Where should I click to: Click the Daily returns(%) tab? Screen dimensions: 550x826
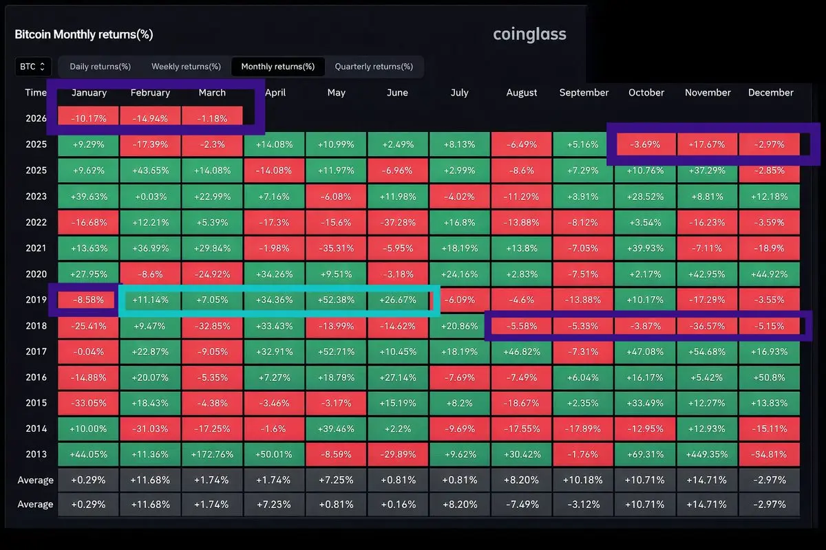click(100, 67)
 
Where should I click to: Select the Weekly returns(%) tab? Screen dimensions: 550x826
click(186, 67)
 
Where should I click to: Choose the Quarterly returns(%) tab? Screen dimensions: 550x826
click(374, 67)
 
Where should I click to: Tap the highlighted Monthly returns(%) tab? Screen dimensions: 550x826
click(277, 67)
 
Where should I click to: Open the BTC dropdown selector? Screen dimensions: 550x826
click(33, 67)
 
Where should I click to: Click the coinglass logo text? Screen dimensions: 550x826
click(529, 34)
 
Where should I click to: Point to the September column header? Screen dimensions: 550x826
click(584, 93)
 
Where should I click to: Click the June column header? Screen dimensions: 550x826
click(397, 93)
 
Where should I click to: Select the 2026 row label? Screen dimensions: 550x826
click(36, 118)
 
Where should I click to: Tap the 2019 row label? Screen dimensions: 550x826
click(36, 300)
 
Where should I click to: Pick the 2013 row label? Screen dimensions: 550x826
click(36, 454)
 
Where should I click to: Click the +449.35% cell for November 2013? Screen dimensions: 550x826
click(708, 454)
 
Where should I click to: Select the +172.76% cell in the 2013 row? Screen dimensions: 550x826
click(212, 454)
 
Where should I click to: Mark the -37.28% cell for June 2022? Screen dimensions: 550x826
click(397, 222)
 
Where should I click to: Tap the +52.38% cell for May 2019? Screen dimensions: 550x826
click(336, 300)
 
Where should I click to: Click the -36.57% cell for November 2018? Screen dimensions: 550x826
click(708, 326)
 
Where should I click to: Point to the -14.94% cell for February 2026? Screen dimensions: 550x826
click(150, 118)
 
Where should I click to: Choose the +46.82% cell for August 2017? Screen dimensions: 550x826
click(522, 351)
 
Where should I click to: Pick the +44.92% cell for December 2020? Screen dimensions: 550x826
click(770, 274)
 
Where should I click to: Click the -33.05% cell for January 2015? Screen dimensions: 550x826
click(88, 403)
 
